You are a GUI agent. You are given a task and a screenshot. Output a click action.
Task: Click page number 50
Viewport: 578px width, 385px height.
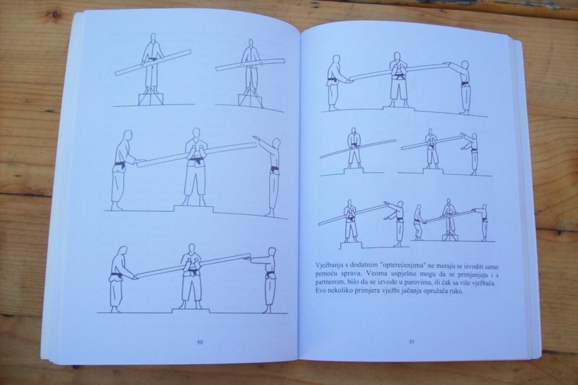tap(200, 342)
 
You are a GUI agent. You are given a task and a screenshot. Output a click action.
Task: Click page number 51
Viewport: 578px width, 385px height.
tap(411, 342)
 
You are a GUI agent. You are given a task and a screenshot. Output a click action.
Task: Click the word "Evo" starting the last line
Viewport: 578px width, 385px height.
tap(321, 291)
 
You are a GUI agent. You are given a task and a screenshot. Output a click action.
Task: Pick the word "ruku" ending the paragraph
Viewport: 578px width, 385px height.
tap(455, 291)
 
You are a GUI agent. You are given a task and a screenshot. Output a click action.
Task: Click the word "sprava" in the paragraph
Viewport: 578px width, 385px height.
tap(342, 274)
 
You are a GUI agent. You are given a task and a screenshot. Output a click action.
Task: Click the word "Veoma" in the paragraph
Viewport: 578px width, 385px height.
tap(363, 274)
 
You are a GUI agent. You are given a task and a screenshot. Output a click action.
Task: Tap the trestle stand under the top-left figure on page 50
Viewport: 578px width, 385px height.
tap(150, 97)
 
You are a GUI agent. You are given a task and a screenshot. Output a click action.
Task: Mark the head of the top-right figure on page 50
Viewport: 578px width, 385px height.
tap(250, 44)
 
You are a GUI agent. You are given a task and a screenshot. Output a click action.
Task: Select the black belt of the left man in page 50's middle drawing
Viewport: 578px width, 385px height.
tap(119, 164)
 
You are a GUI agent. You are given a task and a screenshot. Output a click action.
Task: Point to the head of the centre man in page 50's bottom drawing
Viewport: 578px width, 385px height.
tap(191, 249)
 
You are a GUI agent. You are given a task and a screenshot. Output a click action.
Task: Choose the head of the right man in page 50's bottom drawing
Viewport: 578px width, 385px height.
tap(272, 252)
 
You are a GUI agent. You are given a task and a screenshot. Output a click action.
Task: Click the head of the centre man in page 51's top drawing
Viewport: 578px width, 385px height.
tap(396, 57)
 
